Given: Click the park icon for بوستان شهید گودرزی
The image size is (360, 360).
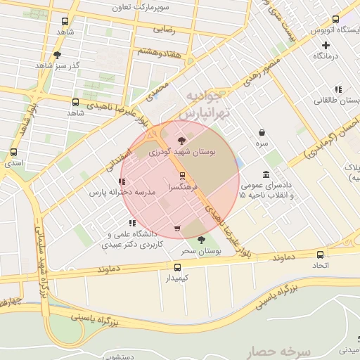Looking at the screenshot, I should [183, 141].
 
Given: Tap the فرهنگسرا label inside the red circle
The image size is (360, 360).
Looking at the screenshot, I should [181, 188].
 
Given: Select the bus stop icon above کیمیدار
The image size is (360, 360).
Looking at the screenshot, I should [176, 267].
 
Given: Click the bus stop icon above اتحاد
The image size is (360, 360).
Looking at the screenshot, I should [320, 255].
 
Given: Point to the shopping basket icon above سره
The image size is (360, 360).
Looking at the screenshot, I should [262, 132].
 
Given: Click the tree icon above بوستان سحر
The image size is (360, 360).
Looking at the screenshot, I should [202, 240].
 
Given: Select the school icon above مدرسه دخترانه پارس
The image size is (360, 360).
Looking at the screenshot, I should [122, 181].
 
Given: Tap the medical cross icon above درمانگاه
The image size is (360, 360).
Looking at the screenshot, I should [326, 45].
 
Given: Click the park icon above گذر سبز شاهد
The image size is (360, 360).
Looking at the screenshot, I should [57, 54].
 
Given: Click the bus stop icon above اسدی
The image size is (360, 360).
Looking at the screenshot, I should [13, 152].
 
